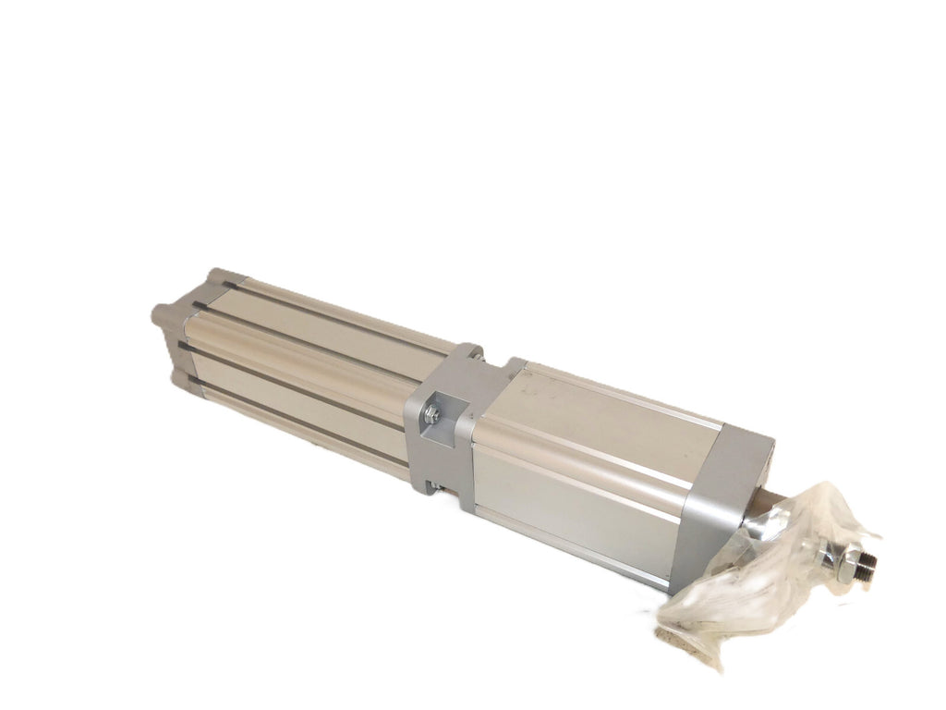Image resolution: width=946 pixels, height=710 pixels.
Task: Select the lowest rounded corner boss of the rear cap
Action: click(x=181, y=377)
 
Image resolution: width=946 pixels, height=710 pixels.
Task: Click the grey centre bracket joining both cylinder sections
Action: click(x=453, y=421)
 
